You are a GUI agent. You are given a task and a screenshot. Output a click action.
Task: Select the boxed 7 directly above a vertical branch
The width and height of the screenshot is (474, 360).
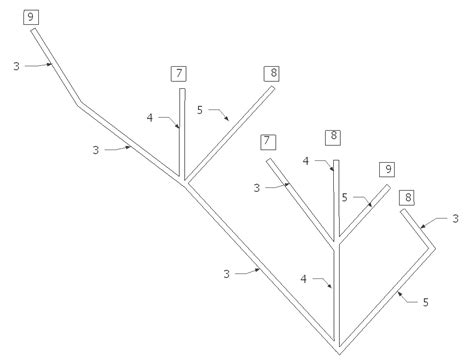[179, 72]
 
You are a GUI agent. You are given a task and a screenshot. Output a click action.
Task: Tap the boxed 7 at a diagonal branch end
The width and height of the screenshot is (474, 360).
[267, 142]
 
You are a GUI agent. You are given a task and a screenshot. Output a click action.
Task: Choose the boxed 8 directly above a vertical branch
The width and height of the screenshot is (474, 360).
[334, 136]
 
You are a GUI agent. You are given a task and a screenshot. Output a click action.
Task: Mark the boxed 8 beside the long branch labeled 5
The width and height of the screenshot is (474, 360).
[272, 72]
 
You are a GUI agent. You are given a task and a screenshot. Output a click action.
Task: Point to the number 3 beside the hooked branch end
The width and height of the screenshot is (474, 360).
[456, 217]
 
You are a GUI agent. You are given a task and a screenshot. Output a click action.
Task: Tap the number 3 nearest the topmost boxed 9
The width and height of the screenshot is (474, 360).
[15, 67]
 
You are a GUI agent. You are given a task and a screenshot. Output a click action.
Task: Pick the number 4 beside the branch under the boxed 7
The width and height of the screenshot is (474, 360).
[150, 118]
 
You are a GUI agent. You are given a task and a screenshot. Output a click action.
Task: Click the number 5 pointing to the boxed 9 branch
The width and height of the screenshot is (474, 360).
[344, 197]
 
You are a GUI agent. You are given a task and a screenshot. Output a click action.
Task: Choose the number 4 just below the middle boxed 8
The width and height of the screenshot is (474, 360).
[305, 160]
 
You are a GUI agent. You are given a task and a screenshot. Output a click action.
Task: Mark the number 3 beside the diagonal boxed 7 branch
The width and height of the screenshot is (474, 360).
[257, 186]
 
